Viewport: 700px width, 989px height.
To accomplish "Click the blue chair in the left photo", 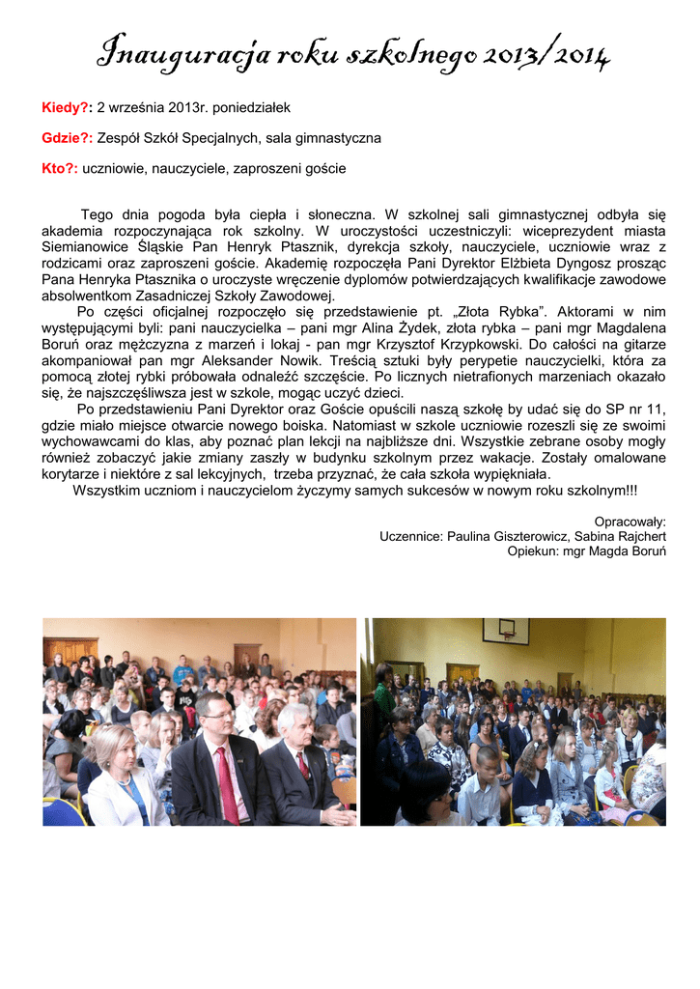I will coord(60,811).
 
